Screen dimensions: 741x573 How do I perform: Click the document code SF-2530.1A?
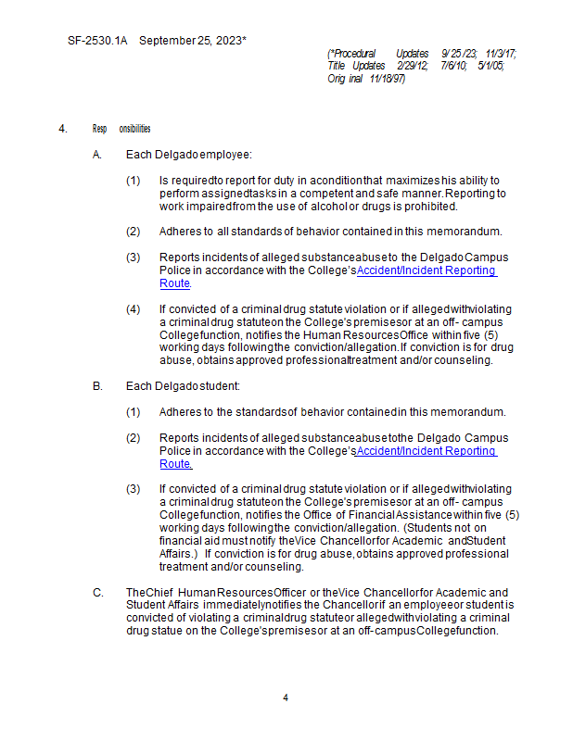click(97, 42)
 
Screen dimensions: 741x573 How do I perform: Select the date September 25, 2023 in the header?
click(192, 42)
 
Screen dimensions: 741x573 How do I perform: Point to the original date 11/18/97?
click(387, 79)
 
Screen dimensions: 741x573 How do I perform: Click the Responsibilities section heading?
click(121, 129)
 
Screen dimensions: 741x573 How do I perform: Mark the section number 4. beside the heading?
click(62, 129)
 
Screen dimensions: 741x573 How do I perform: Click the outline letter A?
click(97, 154)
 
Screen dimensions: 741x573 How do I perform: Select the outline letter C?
click(97, 592)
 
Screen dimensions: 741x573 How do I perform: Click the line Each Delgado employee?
click(188, 154)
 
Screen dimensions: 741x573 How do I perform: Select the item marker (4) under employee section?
click(134, 308)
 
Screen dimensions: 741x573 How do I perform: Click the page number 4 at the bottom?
click(286, 697)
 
